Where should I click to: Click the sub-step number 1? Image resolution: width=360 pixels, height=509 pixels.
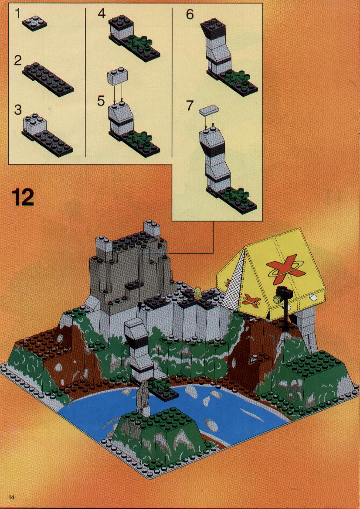pos(17,14)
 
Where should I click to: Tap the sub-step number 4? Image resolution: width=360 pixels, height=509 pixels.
pos(102,14)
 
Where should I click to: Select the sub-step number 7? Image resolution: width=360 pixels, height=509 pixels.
pos(190,106)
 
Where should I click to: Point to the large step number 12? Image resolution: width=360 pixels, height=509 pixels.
pos(23,198)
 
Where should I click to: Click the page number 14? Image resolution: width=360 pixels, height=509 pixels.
pos(12,497)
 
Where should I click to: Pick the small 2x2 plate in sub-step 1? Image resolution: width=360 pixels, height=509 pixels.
pos(34,24)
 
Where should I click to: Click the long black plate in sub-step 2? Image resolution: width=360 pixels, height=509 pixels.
pos(48,79)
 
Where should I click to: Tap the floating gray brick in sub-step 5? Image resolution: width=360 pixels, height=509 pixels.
pos(117,76)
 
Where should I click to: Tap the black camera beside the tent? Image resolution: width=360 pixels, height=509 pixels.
pos(283,295)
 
